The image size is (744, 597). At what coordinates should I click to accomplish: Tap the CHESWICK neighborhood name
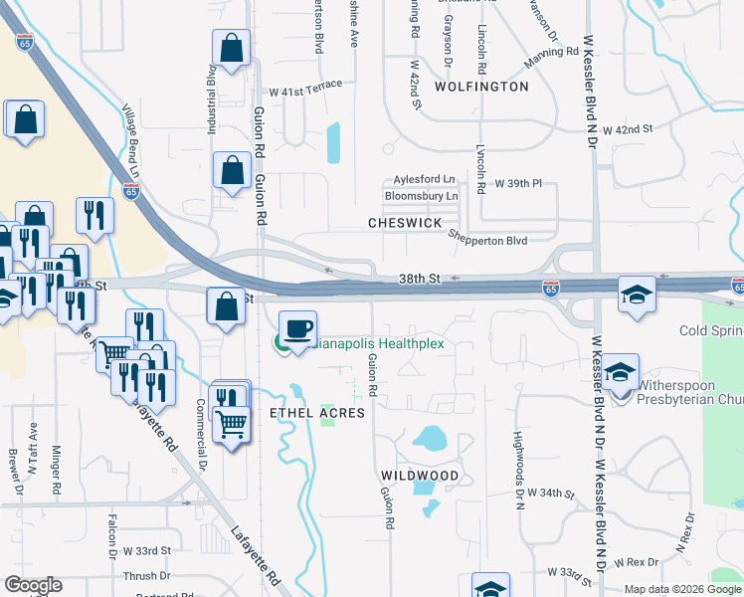pos(404,224)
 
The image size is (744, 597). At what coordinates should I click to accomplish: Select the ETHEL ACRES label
pos(317,412)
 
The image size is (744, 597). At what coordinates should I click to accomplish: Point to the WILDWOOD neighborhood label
pos(418,476)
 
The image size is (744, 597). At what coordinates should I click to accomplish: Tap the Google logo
pos(33,585)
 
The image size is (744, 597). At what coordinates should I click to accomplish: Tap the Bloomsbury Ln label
pos(421,196)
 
